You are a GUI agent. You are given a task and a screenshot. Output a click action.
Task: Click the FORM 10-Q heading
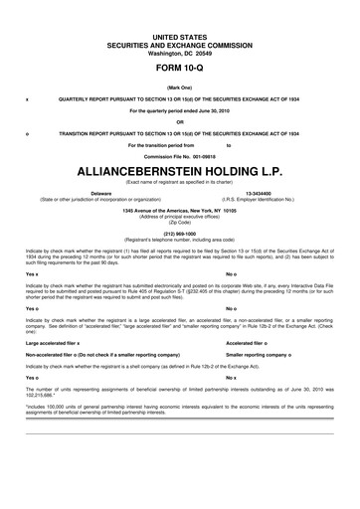[180, 74]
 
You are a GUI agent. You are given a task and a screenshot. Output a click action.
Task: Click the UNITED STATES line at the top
[180, 35]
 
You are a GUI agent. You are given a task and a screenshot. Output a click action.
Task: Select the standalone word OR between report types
[180, 122]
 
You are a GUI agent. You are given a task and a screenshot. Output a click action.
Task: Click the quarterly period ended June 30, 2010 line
[180, 111]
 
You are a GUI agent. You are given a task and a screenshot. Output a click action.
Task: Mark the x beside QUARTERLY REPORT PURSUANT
[26, 100]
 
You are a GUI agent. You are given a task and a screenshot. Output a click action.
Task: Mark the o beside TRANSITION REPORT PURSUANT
[26, 133]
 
